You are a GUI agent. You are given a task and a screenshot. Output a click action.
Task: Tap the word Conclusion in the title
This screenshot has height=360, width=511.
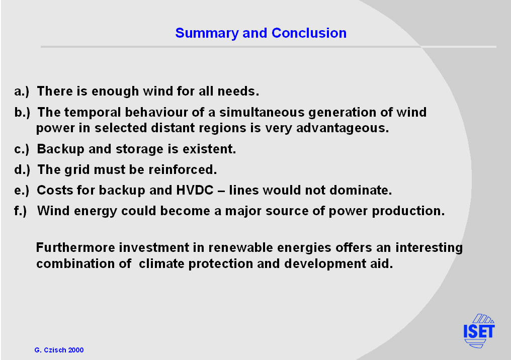309,33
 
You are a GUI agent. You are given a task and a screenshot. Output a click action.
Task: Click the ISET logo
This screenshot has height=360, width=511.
479,331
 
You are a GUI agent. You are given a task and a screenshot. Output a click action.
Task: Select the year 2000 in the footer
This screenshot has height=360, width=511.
76,350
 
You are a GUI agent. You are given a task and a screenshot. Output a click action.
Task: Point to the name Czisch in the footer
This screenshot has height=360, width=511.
55,350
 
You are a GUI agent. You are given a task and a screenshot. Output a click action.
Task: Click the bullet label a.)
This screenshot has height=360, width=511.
22,91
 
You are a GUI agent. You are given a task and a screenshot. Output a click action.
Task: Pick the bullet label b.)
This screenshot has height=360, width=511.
22,113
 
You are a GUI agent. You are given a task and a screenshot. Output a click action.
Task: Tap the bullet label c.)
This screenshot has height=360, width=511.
22,149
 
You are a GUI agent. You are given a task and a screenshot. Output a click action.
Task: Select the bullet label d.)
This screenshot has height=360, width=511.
22,170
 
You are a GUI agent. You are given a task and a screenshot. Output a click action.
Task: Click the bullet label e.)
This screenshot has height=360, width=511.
22,190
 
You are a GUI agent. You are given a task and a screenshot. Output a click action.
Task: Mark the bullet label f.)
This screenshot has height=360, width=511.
20,211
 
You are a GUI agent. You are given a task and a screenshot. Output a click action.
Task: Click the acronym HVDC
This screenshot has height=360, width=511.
195,190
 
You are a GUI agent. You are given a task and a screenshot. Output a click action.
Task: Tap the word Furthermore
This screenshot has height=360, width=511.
75,247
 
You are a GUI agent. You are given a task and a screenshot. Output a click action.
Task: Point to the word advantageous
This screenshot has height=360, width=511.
343,128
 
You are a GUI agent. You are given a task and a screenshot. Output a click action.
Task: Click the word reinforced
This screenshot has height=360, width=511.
183,170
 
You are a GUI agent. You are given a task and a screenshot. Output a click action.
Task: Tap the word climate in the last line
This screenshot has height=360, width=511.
161,263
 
